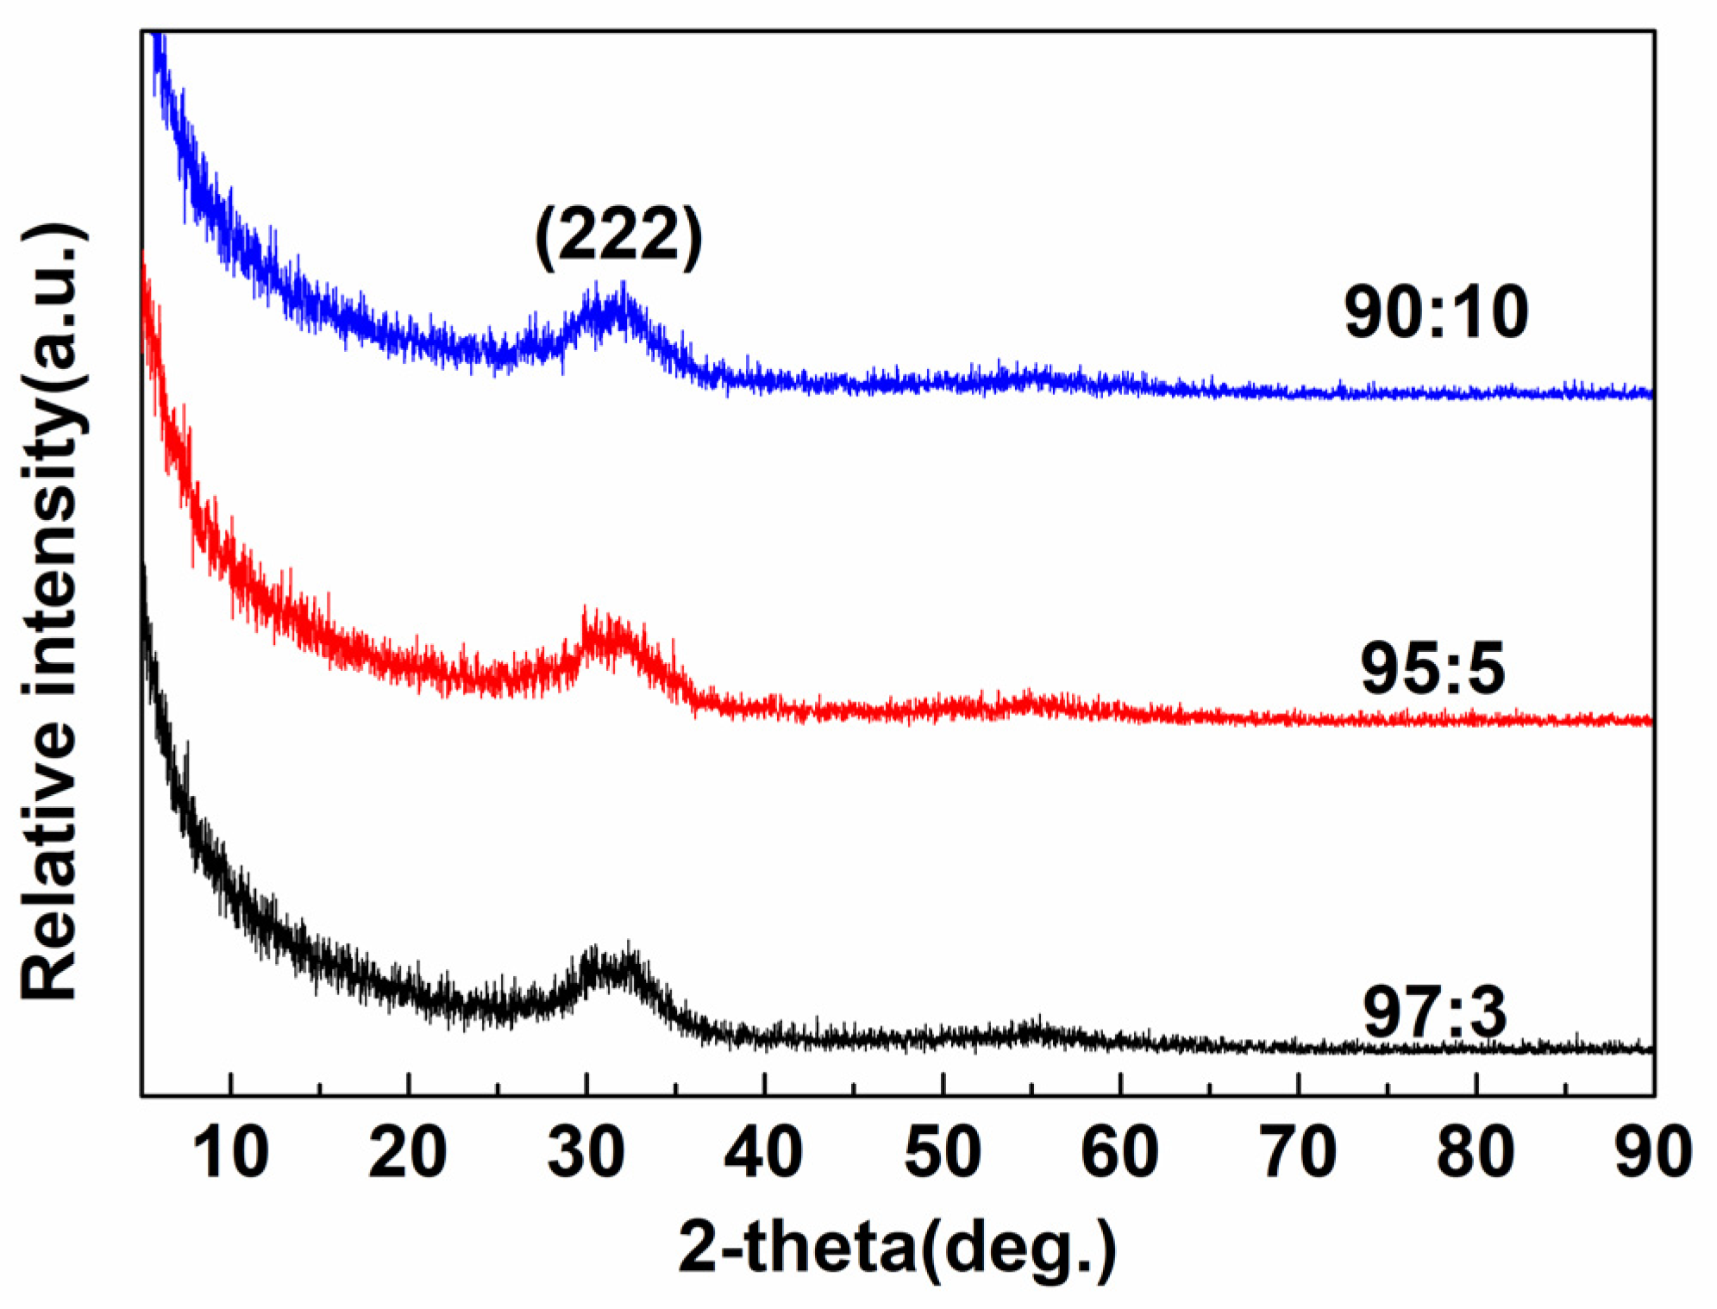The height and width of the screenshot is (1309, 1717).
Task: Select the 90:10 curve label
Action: [1436, 312]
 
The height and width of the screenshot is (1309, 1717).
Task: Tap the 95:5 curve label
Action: [1432, 668]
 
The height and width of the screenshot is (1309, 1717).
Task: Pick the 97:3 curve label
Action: [1434, 1013]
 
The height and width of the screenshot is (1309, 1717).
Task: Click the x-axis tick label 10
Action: [230, 1152]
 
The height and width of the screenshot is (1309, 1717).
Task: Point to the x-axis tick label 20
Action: [408, 1152]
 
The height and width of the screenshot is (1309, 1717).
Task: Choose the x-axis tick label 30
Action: [586, 1152]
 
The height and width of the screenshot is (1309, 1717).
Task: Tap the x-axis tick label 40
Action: [764, 1152]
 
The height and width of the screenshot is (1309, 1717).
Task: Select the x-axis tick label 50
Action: [943, 1152]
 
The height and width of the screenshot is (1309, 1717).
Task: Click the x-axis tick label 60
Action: [1120, 1152]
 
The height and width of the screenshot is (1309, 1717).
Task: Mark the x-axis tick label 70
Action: [1299, 1152]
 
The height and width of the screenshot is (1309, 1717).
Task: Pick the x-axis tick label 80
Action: [1476, 1152]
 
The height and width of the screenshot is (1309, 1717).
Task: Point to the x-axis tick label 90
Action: [1653, 1152]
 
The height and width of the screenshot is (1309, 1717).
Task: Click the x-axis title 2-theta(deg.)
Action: [897, 1248]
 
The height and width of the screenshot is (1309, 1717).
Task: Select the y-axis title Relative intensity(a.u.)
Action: [52, 612]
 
